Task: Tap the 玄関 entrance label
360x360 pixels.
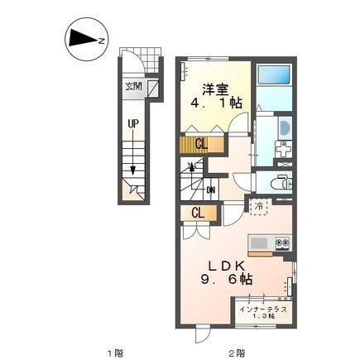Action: point(133,85)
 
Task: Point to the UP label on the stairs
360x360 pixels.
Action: point(133,125)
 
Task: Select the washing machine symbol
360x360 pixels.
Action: point(281,151)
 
